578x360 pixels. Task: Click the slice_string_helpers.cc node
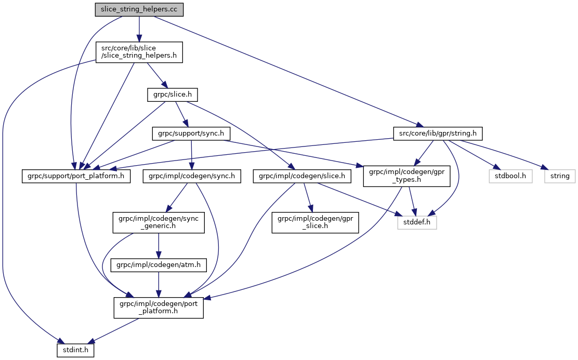pos(139,10)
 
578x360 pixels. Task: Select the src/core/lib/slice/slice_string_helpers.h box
pos(139,52)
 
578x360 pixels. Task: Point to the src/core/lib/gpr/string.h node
pos(438,134)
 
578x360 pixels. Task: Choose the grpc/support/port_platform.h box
pos(76,176)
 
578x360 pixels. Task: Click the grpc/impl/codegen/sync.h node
pos(191,176)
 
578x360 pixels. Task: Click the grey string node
pos(560,176)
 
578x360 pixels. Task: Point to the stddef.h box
pos(417,222)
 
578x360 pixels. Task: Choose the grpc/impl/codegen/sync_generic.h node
pos(159,222)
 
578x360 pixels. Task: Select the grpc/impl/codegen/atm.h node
pos(159,265)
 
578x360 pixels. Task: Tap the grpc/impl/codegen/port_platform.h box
pos(159,307)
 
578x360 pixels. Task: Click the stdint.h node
pos(76,350)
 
